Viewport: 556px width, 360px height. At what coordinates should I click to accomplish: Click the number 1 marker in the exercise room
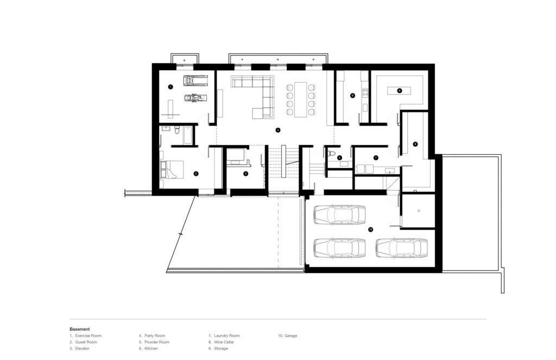point(170,87)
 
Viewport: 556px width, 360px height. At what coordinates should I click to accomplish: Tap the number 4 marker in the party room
point(278,130)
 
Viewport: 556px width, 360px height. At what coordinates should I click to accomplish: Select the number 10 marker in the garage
point(371,230)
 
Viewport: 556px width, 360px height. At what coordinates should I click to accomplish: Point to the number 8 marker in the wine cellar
point(400,90)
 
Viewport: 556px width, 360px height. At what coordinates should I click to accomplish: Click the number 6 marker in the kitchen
point(352,96)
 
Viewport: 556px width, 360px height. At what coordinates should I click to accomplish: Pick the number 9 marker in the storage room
point(415,144)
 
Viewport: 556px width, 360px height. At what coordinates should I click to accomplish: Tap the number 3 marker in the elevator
point(245,174)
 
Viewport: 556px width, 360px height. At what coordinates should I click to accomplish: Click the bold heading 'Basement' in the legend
point(80,329)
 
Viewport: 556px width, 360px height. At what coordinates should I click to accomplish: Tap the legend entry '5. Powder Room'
point(154,342)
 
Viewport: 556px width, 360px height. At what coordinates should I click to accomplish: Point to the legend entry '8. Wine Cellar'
point(223,342)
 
